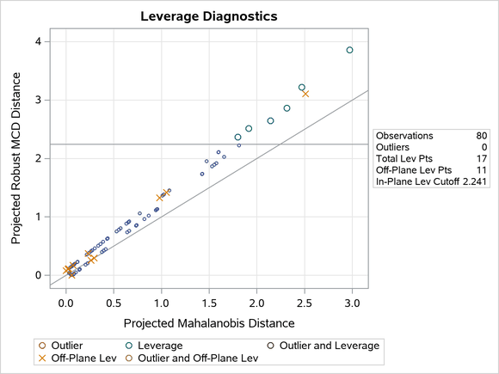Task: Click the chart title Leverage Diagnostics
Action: tap(210, 16)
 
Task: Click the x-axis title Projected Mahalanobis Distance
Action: tap(209, 323)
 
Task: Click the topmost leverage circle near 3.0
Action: tap(349, 50)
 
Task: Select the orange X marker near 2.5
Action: tap(305, 94)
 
